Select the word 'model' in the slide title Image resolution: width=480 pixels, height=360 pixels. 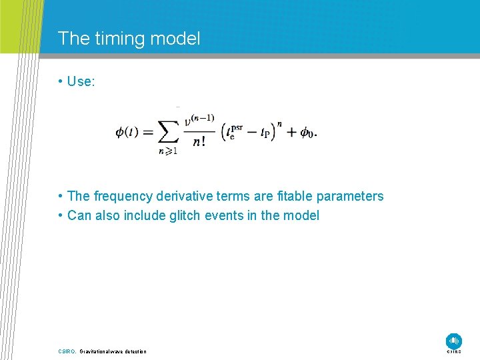click(x=177, y=39)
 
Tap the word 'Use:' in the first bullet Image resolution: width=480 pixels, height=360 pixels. click(x=81, y=81)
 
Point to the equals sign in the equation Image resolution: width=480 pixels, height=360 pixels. click(x=147, y=133)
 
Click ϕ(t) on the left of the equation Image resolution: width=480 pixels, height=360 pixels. click(x=127, y=133)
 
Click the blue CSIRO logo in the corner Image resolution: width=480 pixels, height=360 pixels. click(x=454, y=340)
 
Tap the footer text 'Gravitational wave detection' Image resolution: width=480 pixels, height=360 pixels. click(x=113, y=351)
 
